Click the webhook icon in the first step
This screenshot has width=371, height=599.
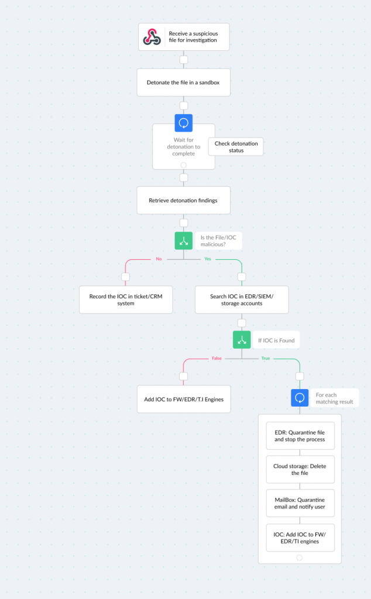click(152, 37)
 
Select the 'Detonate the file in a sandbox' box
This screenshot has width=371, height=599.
click(183, 82)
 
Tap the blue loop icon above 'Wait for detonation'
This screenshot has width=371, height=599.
click(183, 123)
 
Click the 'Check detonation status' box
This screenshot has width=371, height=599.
click(236, 147)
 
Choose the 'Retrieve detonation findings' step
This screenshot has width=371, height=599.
click(183, 200)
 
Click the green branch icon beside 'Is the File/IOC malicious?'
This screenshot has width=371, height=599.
click(183, 240)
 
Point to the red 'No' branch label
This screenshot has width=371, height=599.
click(159, 259)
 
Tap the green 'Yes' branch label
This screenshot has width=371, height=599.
click(208, 259)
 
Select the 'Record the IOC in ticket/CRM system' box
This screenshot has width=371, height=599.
click(126, 300)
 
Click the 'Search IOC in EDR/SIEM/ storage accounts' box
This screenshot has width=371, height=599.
click(242, 300)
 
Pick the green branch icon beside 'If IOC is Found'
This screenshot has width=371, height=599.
click(242, 340)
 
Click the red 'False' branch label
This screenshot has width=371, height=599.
click(217, 359)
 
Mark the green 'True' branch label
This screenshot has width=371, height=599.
click(266, 359)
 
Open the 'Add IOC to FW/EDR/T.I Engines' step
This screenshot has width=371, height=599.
click(184, 399)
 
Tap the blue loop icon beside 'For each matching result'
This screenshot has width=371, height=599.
click(300, 398)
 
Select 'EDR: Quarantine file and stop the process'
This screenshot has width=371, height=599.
click(300, 436)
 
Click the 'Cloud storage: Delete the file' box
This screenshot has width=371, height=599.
click(300, 470)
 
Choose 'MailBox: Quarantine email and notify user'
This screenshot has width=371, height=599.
click(300, 503)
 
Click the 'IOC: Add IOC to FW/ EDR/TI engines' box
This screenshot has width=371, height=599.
click(300, 538)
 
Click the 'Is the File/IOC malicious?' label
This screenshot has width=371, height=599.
click(218, 240)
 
